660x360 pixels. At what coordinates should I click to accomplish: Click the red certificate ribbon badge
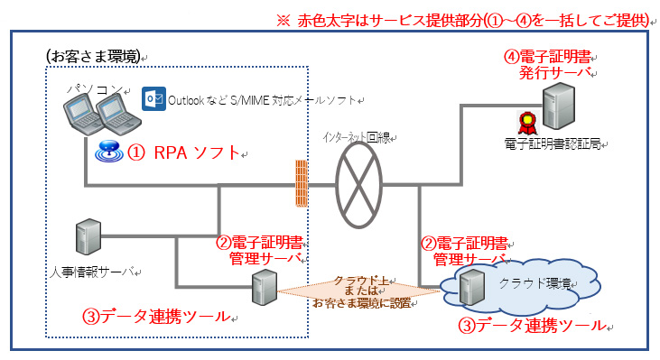tap(523, 123)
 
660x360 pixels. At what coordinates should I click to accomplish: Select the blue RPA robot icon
tap(108, 152)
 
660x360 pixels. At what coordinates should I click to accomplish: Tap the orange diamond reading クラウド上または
tap(362, 290)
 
